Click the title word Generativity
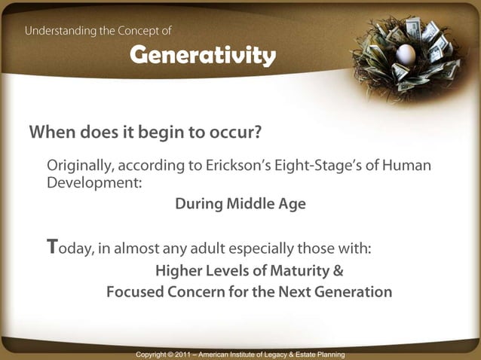point(202,55)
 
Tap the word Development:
point(94,183)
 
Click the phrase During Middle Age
point(240,204)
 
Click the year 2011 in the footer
point(185,354)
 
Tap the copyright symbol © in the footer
point(169,354)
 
